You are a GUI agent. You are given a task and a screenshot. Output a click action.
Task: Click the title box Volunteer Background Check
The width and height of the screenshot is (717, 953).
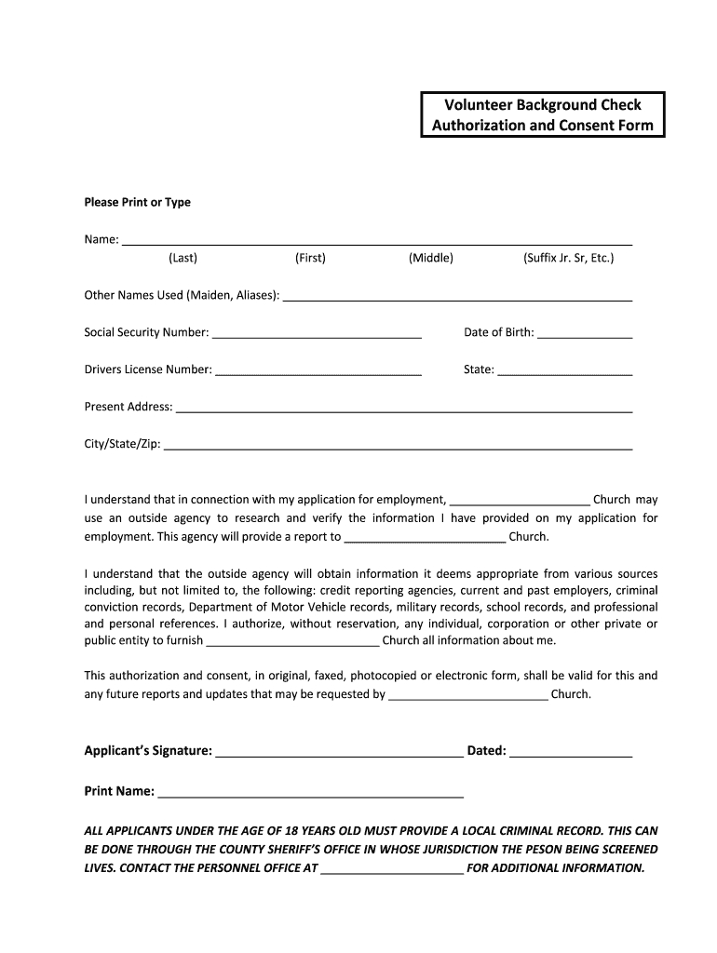click(542, 115)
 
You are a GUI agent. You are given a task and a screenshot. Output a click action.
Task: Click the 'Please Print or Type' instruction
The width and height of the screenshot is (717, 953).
click(137, 202)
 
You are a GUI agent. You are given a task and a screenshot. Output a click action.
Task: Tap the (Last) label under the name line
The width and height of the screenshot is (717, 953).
click(183, 258)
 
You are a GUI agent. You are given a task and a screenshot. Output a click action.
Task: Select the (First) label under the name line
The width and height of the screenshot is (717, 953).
click(310, 258)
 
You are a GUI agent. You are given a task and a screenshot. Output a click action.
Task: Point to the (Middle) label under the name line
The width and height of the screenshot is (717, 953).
click(430, 258)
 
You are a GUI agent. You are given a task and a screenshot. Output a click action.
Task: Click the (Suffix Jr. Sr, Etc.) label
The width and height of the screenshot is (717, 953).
click(568, 258)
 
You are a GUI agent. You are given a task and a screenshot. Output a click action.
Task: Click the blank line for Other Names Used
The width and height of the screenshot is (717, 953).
click(457, 298)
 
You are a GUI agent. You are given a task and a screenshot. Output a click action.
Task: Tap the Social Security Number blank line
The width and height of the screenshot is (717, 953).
click(317, 335)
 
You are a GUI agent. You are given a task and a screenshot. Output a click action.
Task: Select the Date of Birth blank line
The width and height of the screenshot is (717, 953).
click(585, 335)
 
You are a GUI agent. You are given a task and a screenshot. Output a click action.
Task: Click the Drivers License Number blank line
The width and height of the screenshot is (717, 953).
click(318, 372)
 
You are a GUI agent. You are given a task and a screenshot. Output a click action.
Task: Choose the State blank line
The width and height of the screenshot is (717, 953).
click(564, 372)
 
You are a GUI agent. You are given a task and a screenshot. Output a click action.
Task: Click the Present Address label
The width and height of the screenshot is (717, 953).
click(128, 407)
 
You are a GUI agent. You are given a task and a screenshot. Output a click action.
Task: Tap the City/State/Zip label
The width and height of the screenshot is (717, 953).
click(122, 444)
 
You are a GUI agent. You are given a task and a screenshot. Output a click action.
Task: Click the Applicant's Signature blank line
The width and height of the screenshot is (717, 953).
click(339, 754)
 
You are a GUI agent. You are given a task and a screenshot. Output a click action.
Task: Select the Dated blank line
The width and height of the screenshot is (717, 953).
click(571, 754)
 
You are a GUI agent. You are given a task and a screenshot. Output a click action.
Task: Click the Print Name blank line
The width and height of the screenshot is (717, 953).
click(311, 794)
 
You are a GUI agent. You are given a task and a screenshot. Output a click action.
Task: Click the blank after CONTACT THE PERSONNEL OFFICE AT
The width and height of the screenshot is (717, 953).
click(391, 871)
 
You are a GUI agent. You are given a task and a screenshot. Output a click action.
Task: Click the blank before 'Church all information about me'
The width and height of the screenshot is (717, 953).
click(292, 643)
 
